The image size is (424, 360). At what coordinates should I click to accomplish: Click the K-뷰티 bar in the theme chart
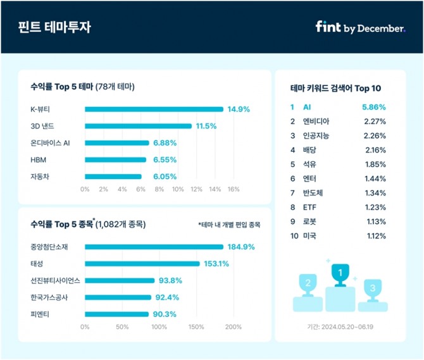tap(154, 109)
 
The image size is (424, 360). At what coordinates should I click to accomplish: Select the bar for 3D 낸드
tap(137, 126)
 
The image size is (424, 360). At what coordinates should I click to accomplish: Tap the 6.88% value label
tap(164, 143)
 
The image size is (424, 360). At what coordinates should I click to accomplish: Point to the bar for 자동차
tap(113, 177)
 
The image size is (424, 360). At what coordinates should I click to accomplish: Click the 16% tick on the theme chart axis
tap(233, 189)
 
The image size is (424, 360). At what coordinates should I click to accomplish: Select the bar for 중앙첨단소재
tap(154, 247)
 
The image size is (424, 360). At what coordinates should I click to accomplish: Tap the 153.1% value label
tap(216, 264)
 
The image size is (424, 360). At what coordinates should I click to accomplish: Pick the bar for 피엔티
tap(116, 314)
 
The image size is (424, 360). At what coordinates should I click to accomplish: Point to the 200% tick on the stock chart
tap(233, 327)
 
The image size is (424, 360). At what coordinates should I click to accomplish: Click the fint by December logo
tap(359, 28)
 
